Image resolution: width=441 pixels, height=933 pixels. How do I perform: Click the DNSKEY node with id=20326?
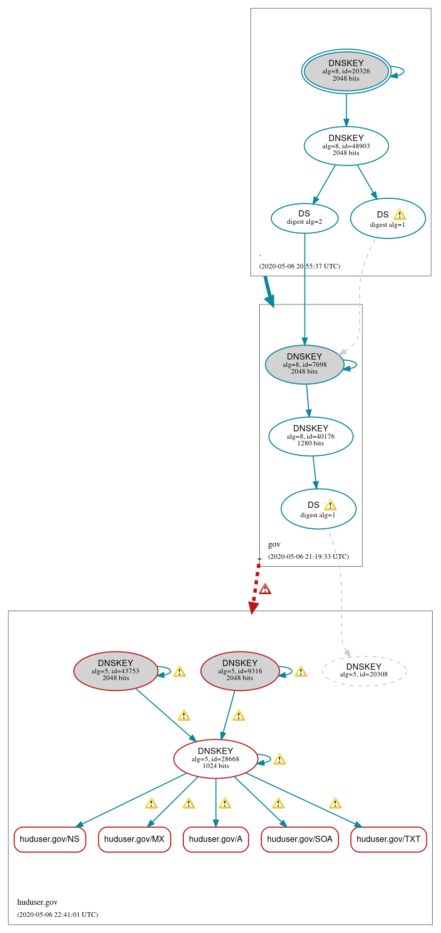click(x=346, y=71)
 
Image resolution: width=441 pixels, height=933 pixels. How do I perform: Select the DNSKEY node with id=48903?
click(x=346, y=146)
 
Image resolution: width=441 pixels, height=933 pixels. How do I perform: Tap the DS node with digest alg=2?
click(x=305, y=218)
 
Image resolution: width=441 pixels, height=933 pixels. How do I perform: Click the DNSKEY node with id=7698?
click(x=304, y=364)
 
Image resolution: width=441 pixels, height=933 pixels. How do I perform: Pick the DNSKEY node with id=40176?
click(x=310, y=436)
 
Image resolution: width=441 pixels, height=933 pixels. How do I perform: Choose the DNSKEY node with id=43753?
click(x=116, y=671)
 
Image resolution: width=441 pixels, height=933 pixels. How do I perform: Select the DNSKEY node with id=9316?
click(x=240, y=671)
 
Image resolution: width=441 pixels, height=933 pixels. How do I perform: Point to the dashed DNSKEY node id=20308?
click(x=364, y=671)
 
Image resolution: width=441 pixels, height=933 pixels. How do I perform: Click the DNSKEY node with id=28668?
click(x=216, y=759)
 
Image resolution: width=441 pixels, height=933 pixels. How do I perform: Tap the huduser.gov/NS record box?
click(x=49, y=839)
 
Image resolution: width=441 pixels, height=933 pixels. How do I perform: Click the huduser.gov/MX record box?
click(x=134, y=839)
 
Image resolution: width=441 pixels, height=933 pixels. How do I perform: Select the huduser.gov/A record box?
click(x=216, y=839)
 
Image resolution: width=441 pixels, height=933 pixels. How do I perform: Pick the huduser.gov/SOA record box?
click(x=300, y=839)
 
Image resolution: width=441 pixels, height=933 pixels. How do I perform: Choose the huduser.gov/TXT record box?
click(x=388, y=839)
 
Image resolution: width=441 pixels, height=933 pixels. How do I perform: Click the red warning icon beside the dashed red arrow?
click(x=265, y=589)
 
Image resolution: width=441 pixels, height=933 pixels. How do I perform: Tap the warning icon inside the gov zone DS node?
click(x=330, y=505)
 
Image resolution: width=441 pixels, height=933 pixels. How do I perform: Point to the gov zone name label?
click(x=274, y=544)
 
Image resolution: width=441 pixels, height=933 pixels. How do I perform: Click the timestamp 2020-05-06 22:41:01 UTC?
click(x=57, y=914)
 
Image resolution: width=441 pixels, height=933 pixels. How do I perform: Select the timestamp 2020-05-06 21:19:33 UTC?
click(x=308, y=556)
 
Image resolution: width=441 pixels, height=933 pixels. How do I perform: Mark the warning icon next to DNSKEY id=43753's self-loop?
click(x=180, y=671)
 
